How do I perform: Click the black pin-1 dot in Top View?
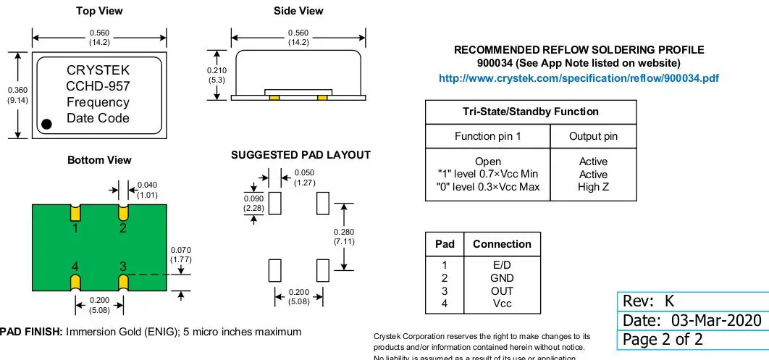[47, 124]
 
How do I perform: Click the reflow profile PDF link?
[579, 78]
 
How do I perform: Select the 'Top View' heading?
[99, 11]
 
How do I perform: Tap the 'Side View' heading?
[298, 11]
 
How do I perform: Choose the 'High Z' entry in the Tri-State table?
[593, 188]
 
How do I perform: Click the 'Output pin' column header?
[593, 136]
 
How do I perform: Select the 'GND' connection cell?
[502, 278]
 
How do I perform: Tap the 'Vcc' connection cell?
[502, 304]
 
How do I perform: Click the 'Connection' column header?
[502, 244]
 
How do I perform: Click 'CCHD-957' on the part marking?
[98, 87]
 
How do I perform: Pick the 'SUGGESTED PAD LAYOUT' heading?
[301, 155]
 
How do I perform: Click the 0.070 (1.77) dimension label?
[180, 254]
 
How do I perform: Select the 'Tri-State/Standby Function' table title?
[530, 112]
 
